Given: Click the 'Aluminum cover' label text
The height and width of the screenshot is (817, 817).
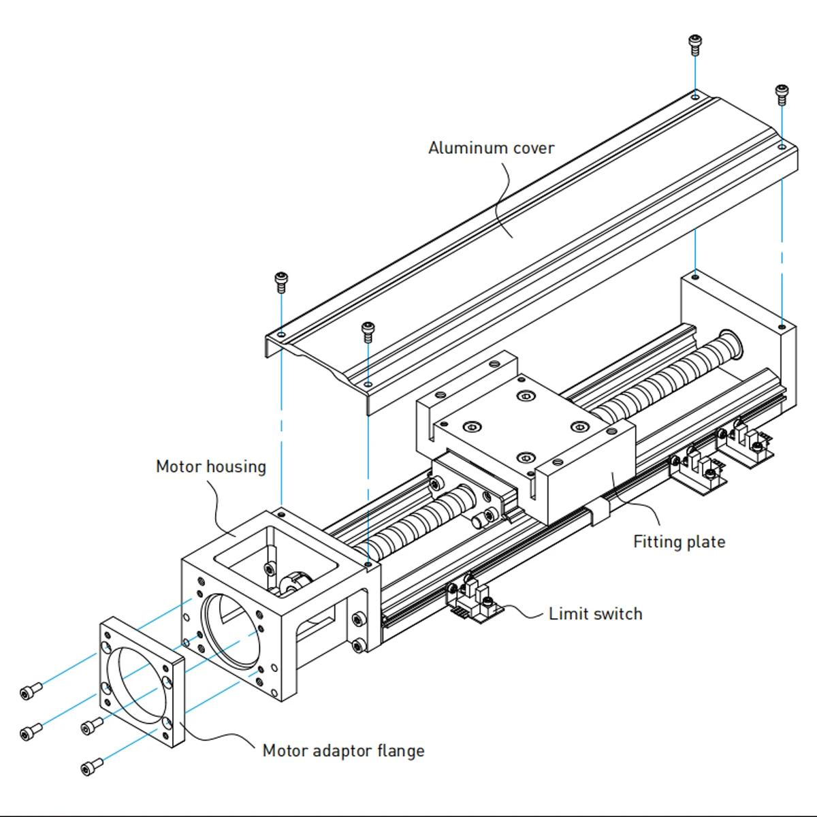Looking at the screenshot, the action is (491, 148).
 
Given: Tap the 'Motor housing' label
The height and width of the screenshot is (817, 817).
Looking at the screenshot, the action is (210, 467).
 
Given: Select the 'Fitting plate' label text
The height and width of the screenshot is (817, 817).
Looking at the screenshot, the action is (679, 542).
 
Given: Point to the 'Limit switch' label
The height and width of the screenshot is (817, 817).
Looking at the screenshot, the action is (595, 614).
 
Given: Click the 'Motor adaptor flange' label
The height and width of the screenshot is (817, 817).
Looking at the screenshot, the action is (343, 751).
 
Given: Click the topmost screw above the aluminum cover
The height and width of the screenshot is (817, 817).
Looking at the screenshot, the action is (695, 45).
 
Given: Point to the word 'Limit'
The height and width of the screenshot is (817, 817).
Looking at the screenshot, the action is (568, 614).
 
